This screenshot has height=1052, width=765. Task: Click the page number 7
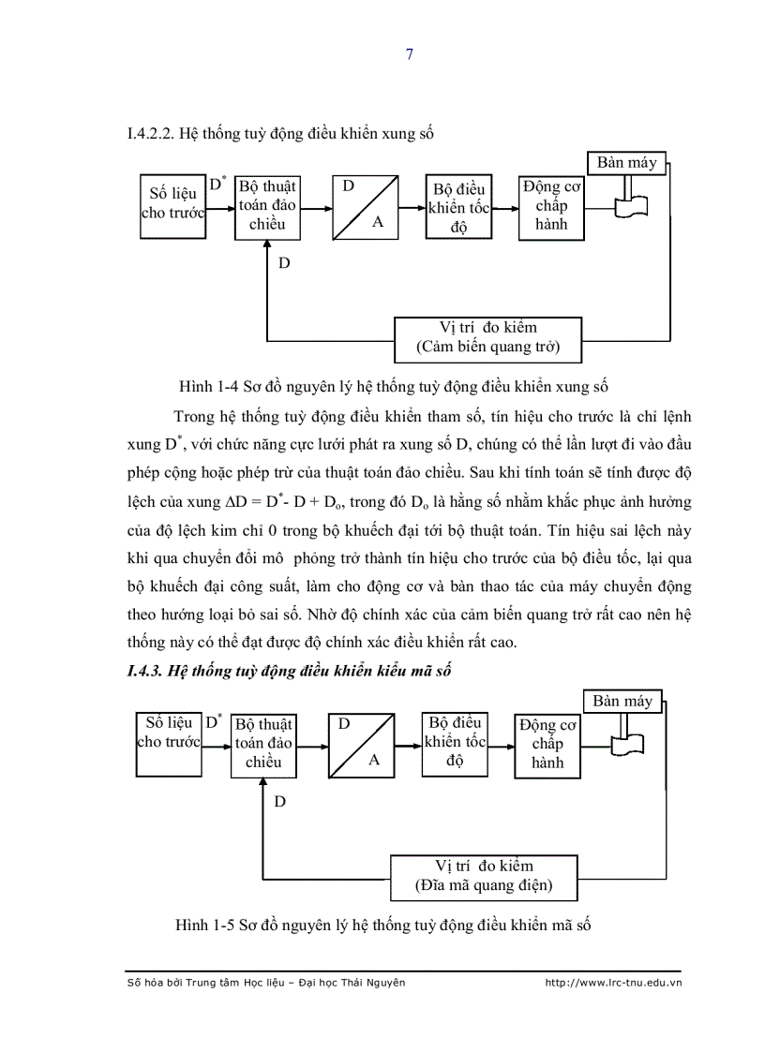(x=409, y=53)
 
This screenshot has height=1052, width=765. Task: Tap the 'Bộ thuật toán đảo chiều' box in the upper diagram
(x=267, y=206)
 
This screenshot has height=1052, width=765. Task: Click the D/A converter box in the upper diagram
(x=364, y=206)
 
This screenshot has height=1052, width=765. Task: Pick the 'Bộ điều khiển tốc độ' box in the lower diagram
(x=455, y=742)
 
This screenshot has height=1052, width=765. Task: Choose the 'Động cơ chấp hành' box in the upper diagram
(x=551, y=206)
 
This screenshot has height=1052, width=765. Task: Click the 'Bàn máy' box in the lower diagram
(x=622, y=702)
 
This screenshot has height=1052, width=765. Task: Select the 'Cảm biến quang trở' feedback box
(x=487, y=338)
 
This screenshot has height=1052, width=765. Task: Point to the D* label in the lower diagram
(x=213, y=721)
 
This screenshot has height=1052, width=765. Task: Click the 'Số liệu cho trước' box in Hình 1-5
(x=169, y=733)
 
